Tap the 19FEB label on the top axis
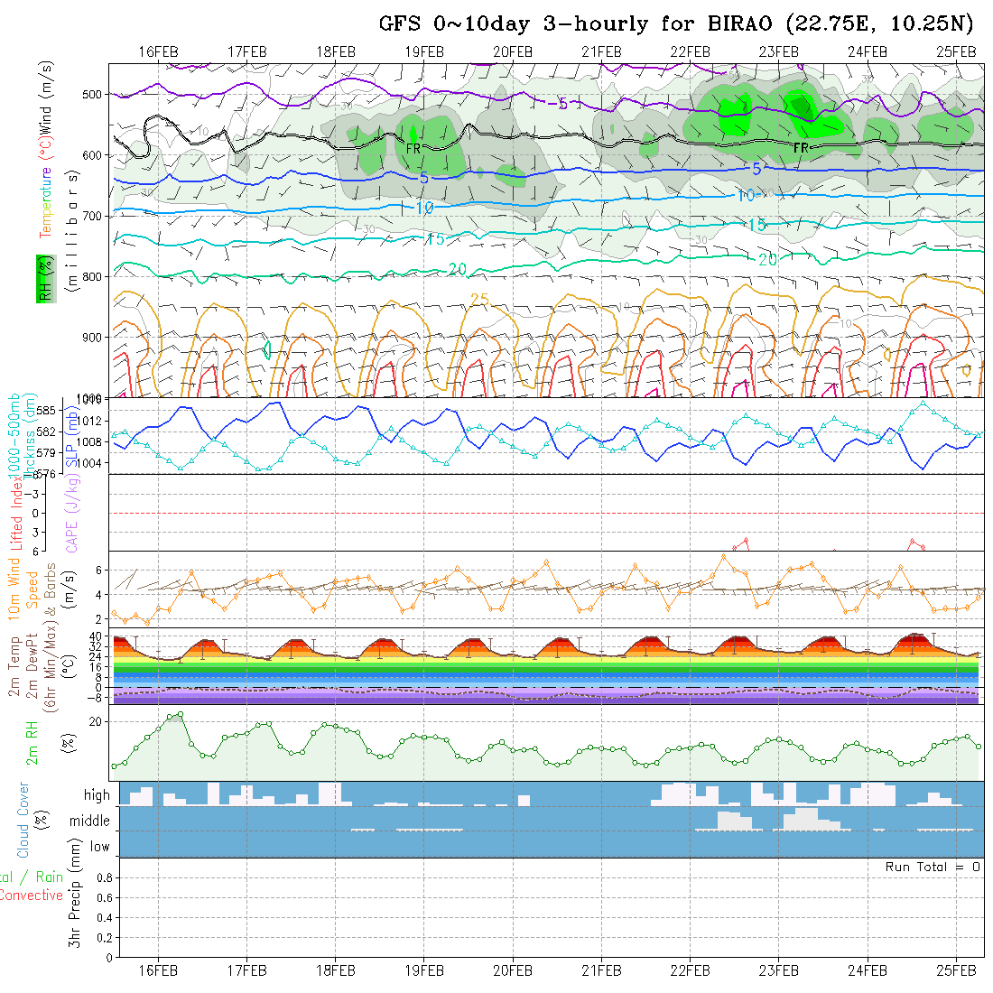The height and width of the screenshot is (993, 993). pos(424,51)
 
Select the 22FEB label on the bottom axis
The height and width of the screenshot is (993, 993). pos(690,970)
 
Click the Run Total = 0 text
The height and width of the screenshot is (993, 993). pos(933,867)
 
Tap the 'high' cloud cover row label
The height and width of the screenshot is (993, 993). pos(97,795)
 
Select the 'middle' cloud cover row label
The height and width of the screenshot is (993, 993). pos(90,821)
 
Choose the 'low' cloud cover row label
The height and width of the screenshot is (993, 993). pos(99,847)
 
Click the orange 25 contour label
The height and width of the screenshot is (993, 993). pos(479,298)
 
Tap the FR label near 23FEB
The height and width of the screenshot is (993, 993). pos(800,147)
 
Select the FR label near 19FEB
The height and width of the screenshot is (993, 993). pos(413,147)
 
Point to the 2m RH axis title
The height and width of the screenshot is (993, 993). pos(32,743)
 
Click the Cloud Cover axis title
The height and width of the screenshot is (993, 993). pos(23,820)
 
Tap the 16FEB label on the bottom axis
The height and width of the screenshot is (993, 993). pos(158,970)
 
